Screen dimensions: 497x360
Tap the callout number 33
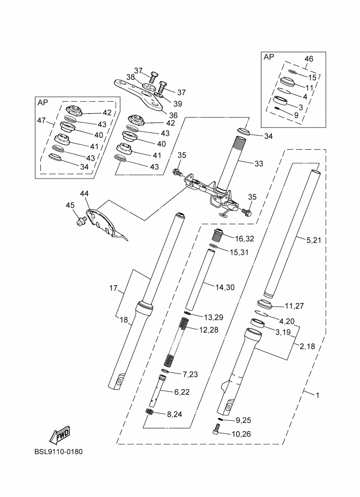(259, 163)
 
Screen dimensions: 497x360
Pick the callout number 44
(84, 194)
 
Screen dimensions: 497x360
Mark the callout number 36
(173, 115)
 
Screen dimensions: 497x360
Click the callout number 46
(309, 59)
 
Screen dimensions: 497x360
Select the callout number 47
(41, 120)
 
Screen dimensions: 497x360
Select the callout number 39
(178, 104)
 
